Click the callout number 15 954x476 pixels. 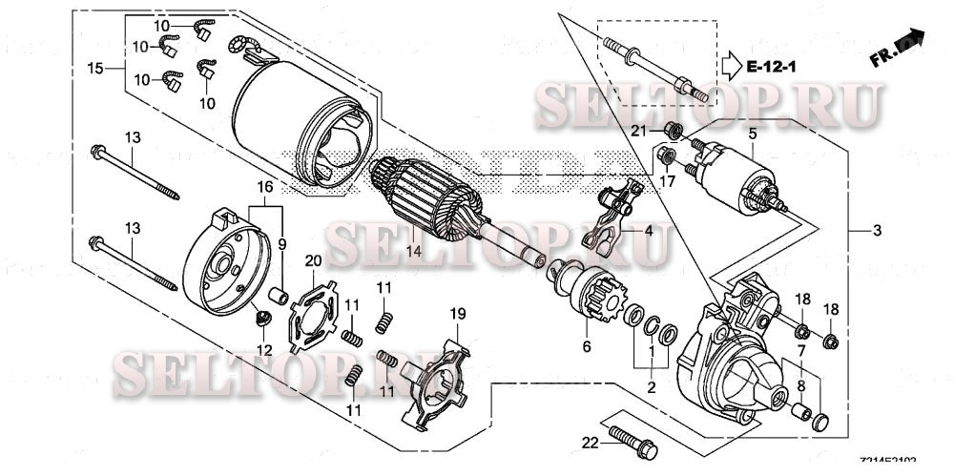pyautogui.click(x=94, y=69)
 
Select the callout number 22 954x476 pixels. pyautogui.click(x=591, y=442)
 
